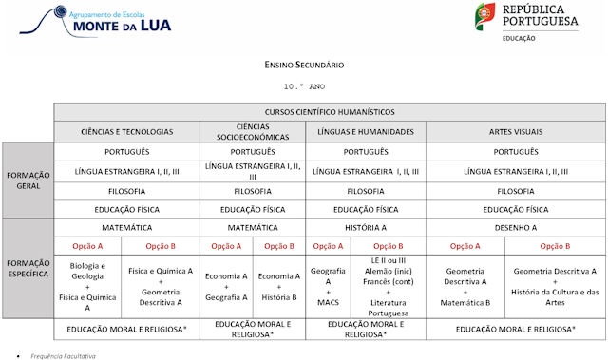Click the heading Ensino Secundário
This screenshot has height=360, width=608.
click(x=304, y=66)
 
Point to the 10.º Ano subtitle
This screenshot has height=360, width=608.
click(x=304, y=85)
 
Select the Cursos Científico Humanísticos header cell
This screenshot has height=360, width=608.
click(x=330, y=112)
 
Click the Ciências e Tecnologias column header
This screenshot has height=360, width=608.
click(x=127, y=131)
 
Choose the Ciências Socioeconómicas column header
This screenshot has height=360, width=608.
click(x=253, y=131)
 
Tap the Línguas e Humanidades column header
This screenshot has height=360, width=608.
click(x=366, y=131)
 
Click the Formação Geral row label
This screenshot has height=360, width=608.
click(x=28, y=180)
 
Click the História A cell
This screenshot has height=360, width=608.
click(x=366, y=228)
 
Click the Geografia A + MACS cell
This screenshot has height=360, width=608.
click(x=328, y=286)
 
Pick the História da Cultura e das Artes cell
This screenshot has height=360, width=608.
click(x=556, y=286)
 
